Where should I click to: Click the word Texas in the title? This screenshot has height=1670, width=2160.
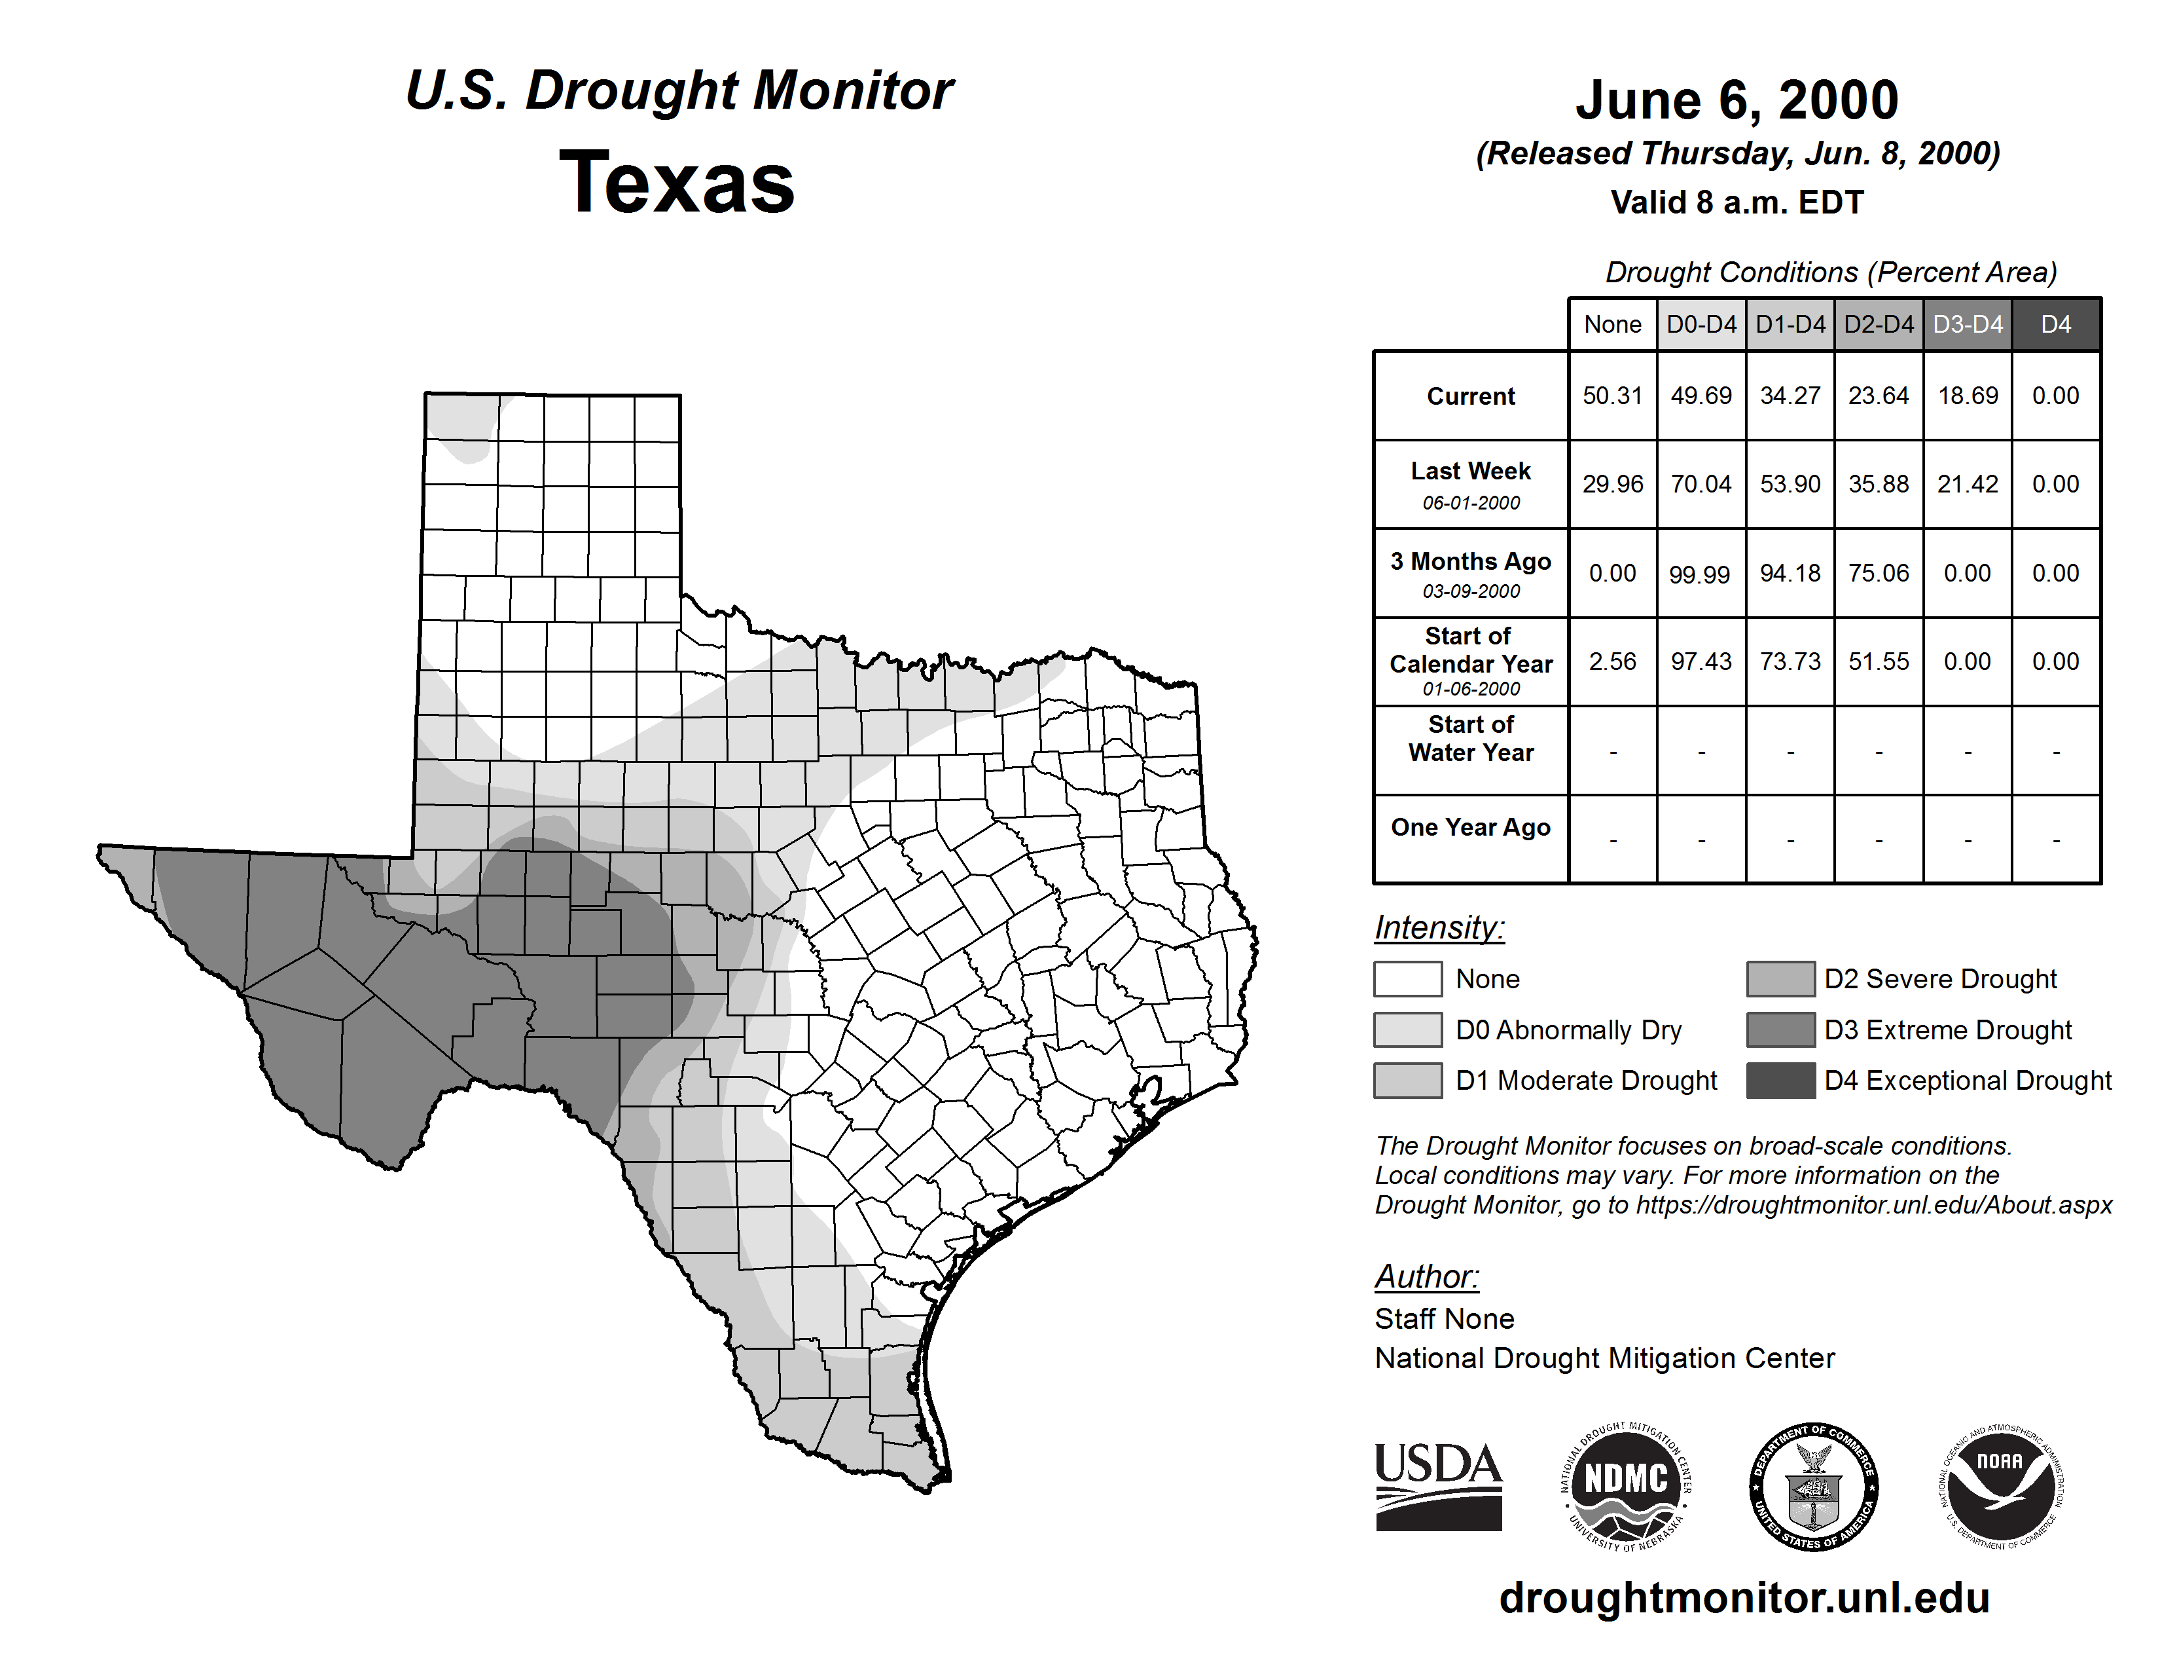pos(677,182)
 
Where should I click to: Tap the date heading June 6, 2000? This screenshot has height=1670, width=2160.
pos(1737,100)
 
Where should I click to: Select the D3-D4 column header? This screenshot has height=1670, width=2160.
pos(1967,324)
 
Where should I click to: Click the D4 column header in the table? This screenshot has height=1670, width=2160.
pos(2056,324)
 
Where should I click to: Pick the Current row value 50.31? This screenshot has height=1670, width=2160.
pos(1612,396)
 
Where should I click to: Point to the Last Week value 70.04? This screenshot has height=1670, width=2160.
pos(1701,485)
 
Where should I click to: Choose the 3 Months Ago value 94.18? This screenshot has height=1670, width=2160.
pos(1790,573)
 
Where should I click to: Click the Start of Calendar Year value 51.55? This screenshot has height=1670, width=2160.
pos(1878,661)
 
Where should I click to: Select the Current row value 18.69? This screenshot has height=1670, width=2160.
pos(1967,396)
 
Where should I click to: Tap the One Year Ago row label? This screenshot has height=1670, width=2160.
pos(1471,827)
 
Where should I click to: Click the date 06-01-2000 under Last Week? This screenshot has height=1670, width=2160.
pos(1471,502)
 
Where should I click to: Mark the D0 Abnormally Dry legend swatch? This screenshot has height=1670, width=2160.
pos(1407,1029)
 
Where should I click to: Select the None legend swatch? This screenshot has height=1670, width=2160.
pos(1407,978)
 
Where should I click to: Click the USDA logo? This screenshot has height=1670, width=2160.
pos(1438,1486)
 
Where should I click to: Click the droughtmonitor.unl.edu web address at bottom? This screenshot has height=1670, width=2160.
pos(1744,1598)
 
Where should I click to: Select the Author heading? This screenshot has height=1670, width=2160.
pos(1426,1276)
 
